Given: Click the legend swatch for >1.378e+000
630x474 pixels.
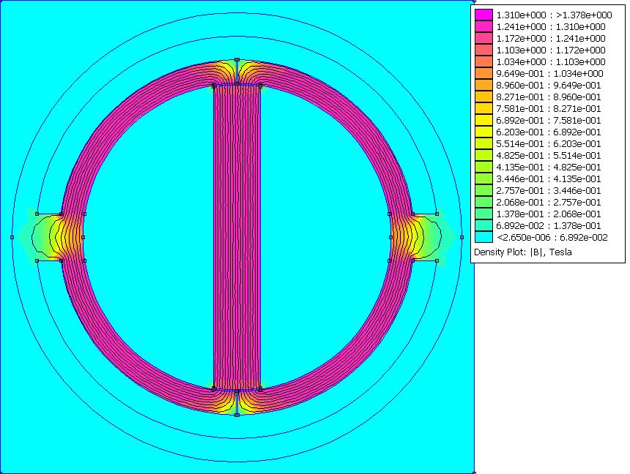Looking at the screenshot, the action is point(483,15).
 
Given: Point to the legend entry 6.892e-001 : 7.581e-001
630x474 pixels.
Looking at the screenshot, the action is point(549,121).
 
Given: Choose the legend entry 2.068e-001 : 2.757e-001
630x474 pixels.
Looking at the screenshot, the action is point(549,203).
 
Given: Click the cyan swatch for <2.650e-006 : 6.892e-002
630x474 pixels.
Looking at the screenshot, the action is point(483,237).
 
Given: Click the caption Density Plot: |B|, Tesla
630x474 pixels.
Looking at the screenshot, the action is point(523,252).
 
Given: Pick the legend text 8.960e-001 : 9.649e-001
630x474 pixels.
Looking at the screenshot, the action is point(549,85).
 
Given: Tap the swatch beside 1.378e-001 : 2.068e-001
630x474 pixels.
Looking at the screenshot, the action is point(483,214).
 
